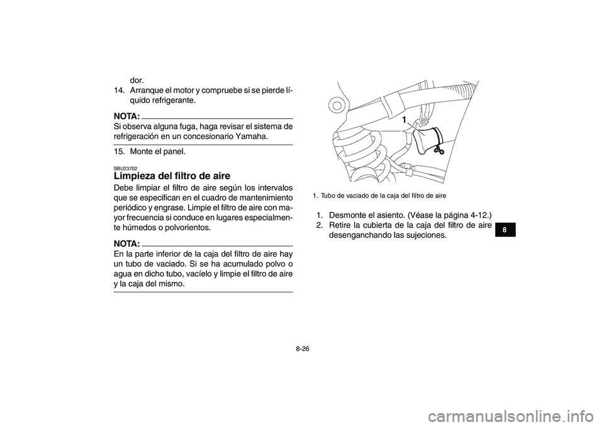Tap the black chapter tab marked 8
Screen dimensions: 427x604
click(x=504, y=230)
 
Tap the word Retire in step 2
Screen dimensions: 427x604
click(x=341, y=225)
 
